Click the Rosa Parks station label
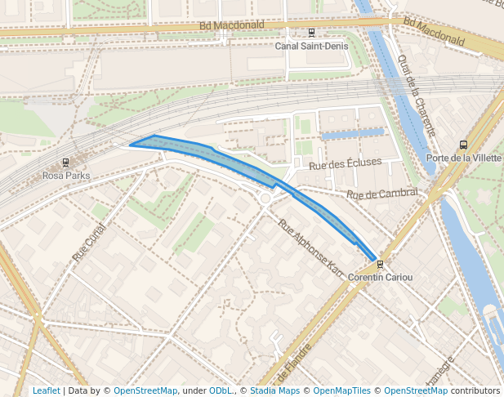pyautogui.click(x=66, y=175)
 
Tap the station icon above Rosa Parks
pyautogui.click(x=66, y=163)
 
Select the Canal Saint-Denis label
pyautogui.click(x=310, y=46)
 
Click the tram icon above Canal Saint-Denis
pyautogui.click(x=311, y=33)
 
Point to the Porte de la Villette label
pyautogui.click(x=464, y=158)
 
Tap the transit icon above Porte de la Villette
pyautogui.click(x=464, y=145)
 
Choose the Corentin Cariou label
pyautogui.click(x=380, y=277)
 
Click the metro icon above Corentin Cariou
pyautogui.click(x=380, y=264)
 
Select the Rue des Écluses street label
pyautogui.click(x=345, y=163)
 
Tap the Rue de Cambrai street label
pyautogui.click(x=381, y=194)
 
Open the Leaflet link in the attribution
pyautogui.click(x=47, y=390)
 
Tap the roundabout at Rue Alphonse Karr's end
pyautogui.click(x=265, y=198)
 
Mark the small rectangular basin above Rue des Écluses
pyautogui.click(x=352, y=132)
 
